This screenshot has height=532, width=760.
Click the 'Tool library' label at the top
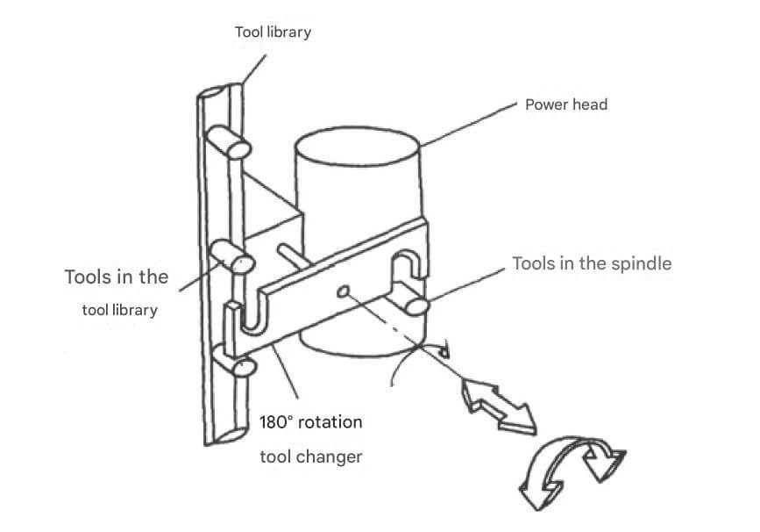tap(273, 33)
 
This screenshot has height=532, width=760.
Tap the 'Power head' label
tap(565, 104)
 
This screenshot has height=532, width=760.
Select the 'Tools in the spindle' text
tap(592, 263)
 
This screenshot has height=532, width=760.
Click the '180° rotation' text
tap(310, 422)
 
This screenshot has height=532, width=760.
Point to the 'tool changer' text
tap(310, 457)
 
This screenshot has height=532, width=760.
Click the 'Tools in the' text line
tap(116, 277)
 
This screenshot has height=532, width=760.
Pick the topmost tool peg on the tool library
tap(230, 142)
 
